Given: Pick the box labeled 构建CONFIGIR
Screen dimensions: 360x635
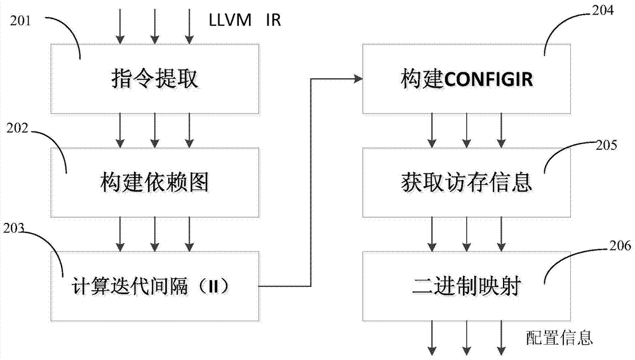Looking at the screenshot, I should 466,79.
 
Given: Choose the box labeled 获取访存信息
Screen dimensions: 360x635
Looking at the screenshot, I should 466,183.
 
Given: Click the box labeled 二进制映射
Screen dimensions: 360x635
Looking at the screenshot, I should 466,286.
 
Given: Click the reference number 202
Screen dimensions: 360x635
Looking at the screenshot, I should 18,127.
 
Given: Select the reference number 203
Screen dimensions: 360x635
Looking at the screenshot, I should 17,229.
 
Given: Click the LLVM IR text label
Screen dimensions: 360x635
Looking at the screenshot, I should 244,20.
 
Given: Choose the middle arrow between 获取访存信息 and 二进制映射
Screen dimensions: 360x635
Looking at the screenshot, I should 466,234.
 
